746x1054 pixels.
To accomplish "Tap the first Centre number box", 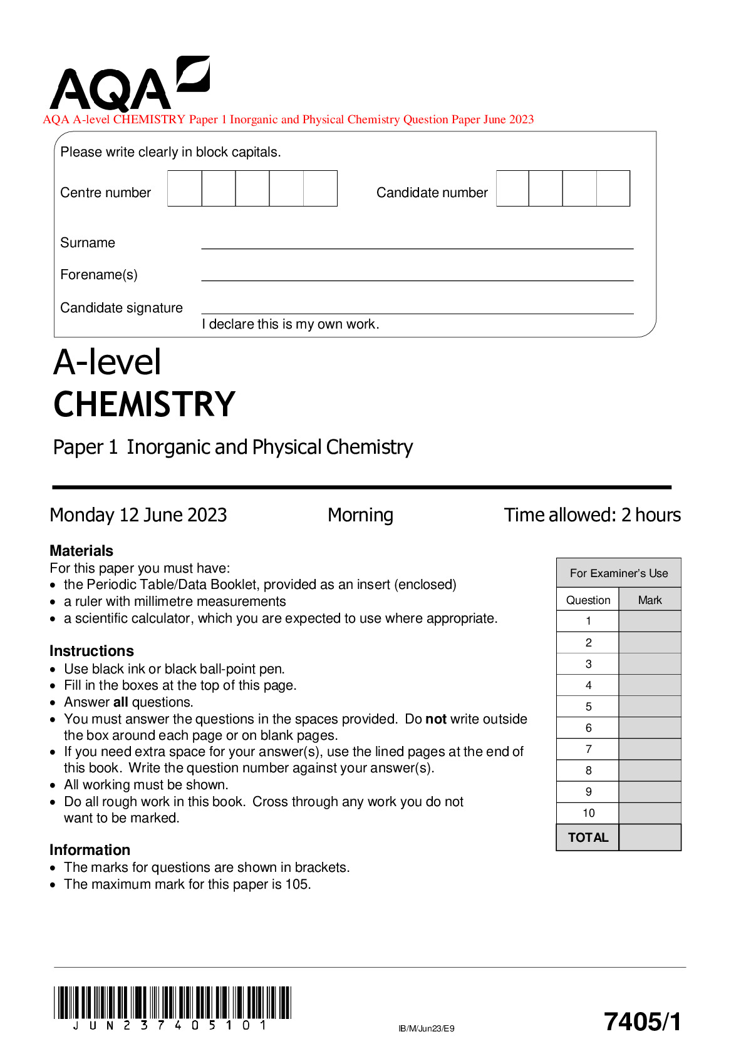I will pos(185,188).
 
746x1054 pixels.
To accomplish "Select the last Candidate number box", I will pos(613,188).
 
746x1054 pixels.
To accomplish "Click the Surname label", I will pos(88,243).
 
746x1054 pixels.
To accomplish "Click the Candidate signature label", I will pos(122,308).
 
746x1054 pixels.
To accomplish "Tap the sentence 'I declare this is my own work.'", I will pos(291,324).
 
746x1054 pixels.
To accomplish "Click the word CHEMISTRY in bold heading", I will pos(144,404).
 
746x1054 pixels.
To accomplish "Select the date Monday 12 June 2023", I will pos(138,515).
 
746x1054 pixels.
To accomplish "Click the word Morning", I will pos(360,515).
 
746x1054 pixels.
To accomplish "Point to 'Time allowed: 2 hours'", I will pos(592,515).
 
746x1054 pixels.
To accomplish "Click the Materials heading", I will pos(81,551).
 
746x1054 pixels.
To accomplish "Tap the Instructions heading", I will pos(91,651).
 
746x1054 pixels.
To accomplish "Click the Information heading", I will pos(90,850).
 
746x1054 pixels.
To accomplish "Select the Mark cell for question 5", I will pos(650,707).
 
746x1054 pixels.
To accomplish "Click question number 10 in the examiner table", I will pos(588,813).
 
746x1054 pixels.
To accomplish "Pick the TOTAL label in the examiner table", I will pos(588,837).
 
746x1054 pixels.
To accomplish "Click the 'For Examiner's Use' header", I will pos(618,573).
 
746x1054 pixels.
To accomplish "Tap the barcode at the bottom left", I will pos(172,1003).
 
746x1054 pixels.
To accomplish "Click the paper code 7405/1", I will pos(642,1021).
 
